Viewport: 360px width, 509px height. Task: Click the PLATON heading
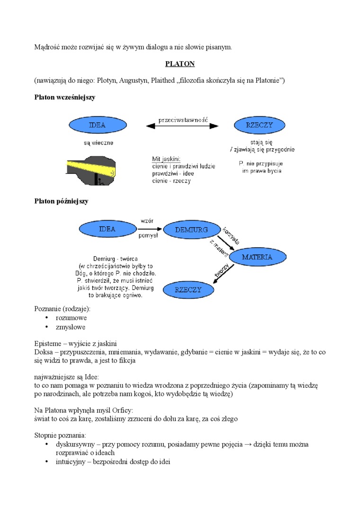click(180, 63)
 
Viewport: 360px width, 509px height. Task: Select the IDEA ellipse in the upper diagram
click(97, 125)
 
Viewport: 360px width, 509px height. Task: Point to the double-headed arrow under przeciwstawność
click(182, 126)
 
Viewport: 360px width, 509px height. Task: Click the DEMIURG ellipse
click(191, 230)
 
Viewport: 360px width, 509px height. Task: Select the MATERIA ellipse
click(257, 257)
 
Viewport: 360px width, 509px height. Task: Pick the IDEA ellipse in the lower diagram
click(107, 229)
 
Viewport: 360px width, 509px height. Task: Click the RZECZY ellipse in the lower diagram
click(188, 290)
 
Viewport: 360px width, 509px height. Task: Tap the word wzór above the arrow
click(146, 221)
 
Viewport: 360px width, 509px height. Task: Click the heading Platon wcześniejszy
click(65, 98)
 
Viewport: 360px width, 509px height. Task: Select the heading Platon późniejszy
click(62, 201)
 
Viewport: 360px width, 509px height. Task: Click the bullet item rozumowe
click(71, 318)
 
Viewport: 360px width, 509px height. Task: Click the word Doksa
click(44, 352)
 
